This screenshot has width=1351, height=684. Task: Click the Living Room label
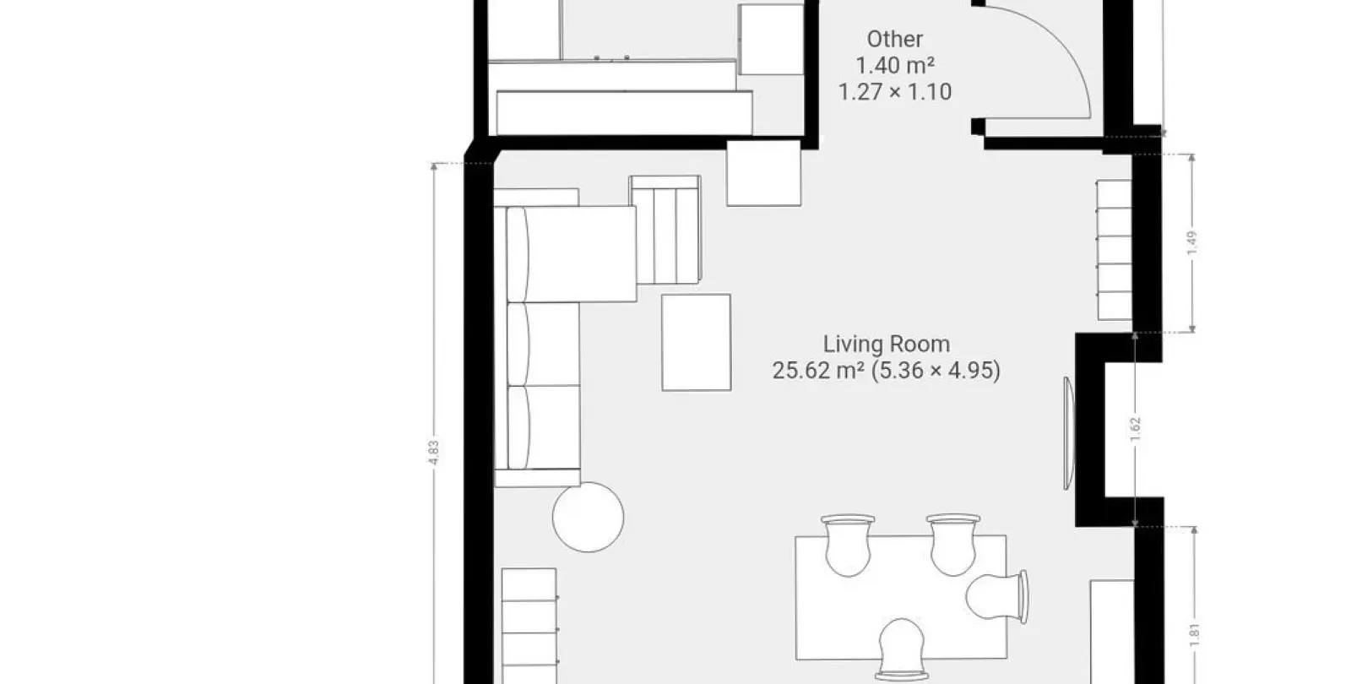(x=887, y=345)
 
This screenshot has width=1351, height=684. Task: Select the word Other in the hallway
(x=895, y=39)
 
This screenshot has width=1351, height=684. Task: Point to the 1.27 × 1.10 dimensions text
(x=895, y=92)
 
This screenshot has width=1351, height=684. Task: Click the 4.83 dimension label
(x=434, y=453)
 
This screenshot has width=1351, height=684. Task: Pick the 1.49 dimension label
(x=1191, y=243)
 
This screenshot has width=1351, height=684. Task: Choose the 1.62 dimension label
(x=1135, y=430)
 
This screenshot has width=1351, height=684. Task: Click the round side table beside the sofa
(x=588, y=517)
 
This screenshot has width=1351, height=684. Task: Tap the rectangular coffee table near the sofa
(x=697, y=343)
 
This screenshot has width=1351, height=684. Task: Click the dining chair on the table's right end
(x=997, y=596)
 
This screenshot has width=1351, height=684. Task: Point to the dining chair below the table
(x=902, y=650)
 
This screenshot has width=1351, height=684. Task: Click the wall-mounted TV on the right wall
(x=1069, y=433)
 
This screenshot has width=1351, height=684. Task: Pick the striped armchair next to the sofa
(x=665, y=230)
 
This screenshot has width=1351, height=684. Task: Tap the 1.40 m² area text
(x=895, y=65)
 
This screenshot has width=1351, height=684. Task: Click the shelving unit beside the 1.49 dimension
(x=1114, y=250)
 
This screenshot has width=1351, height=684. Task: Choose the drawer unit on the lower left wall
(x=529, y=626)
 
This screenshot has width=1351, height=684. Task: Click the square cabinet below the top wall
(x=763, y=174)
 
